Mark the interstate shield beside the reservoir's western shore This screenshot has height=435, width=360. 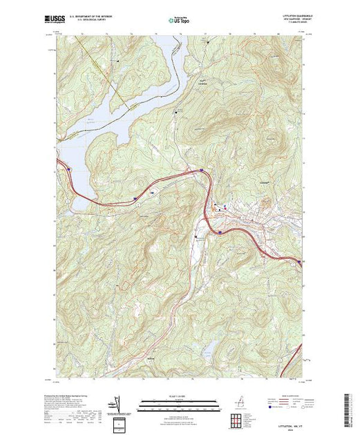click(x=68, y=168)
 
